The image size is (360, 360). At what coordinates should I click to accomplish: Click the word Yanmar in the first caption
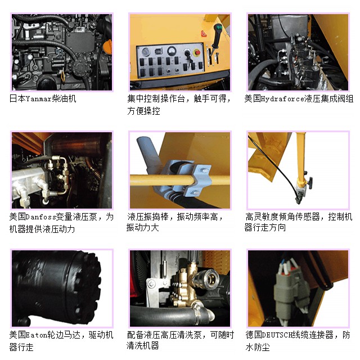39,99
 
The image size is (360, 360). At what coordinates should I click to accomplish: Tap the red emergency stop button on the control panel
197,52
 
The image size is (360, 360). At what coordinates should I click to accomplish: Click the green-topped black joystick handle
216,36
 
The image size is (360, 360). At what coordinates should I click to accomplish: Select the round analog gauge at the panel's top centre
171,50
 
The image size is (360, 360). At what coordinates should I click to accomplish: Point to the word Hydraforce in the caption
283,99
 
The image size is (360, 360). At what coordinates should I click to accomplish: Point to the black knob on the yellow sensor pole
310,183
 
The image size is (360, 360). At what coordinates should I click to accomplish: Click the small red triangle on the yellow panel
204,34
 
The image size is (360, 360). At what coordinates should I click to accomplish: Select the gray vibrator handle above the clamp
147,151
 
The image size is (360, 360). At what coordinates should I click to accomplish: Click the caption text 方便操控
144,111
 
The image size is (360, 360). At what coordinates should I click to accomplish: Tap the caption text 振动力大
142,227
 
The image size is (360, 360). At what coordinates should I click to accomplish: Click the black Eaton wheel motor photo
62,288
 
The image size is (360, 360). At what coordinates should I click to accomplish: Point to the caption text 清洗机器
142,345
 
